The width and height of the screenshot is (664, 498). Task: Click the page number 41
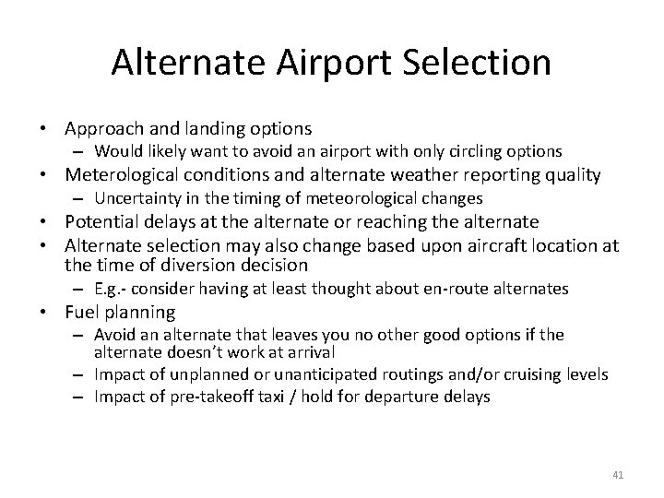pyautogui.click(x=618, y=475)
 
